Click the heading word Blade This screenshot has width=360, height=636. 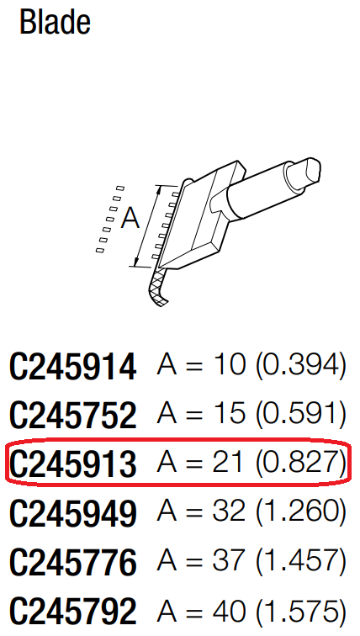(55, 23)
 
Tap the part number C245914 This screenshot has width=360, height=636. (73, 367)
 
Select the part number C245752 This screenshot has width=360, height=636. (73, 415)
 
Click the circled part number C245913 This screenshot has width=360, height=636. (73, 464)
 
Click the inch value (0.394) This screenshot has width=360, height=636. (301, 366)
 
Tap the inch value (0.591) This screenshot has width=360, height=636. (301, 414)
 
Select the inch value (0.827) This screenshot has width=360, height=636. (301, 463)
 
